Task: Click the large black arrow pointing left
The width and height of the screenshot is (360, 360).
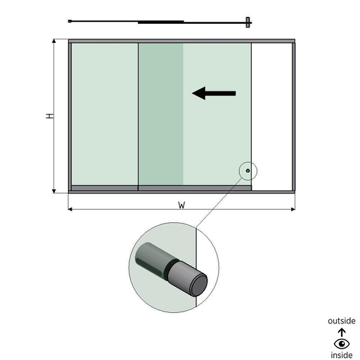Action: point(214,94)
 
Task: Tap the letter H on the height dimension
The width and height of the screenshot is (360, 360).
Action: point(50,116)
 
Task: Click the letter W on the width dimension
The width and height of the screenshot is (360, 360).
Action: point(181,205)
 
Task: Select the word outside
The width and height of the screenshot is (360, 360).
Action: point(342,321)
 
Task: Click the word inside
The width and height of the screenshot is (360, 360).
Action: point(342,355)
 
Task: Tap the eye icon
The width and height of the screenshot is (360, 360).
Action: point(342,344)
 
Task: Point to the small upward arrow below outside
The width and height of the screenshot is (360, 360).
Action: point(342,333)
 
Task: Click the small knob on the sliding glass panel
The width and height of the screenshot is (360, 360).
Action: point(247,171)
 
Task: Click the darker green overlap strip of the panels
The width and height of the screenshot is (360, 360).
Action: point(160,114)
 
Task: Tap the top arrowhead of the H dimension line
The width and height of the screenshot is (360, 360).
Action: point(54,41)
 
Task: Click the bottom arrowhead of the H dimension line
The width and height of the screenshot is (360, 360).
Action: point(54,191)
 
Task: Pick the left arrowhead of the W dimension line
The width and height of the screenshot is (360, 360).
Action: point(70,209)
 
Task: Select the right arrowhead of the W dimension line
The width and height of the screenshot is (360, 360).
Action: point(293,209)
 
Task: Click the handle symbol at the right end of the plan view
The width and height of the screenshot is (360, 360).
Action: point(248,22)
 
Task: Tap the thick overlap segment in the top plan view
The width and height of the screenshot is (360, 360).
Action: point(161,22)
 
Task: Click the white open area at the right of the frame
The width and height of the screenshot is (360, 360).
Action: point(271,117)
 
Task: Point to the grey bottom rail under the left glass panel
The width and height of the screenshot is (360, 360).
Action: point(105,188)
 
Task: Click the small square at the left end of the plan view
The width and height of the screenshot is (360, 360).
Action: point(70,21)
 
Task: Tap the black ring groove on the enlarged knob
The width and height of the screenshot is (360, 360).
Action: point(171,266)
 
